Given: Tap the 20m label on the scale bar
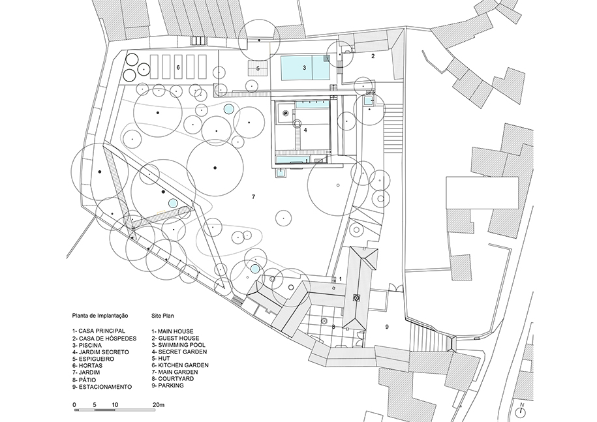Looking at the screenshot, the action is point(159,405).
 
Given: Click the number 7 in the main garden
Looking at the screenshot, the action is point(253,197).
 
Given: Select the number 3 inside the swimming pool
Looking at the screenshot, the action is point(304,68).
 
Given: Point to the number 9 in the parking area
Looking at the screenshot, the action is point(387,327).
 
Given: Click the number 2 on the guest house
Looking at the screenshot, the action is point(373,56).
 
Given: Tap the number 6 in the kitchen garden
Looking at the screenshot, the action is point(178,67).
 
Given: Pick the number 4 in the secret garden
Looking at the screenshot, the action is point(305,130).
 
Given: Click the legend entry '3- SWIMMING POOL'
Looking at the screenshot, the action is point(178,345).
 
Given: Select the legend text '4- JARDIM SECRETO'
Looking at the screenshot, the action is point(100,352).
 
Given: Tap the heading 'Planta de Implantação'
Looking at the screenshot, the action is point(100,316).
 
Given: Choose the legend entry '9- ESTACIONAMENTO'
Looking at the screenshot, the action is point(102,387).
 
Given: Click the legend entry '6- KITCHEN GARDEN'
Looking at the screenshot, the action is point(179,365).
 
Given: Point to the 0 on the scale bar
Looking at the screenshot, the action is point(74,405).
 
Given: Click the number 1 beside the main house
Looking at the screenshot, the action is point(341,279).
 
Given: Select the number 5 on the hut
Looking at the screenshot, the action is point(258,68).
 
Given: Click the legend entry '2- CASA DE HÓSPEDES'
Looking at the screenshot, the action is point(104,338).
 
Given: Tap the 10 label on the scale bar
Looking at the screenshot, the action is point(115,405).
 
